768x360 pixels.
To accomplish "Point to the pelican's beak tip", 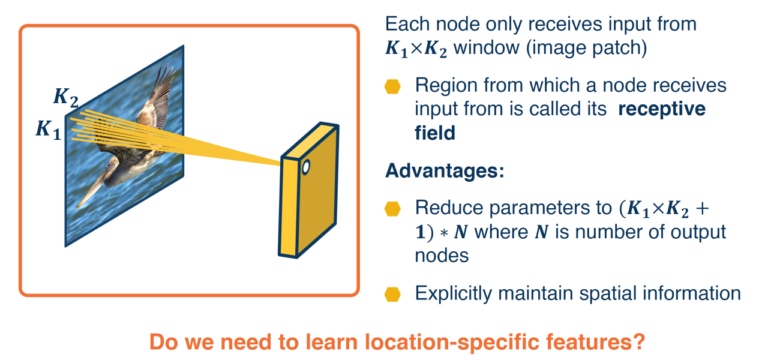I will [77, 208].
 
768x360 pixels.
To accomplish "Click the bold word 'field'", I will [435, 133].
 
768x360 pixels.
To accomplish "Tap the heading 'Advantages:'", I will [445, 170].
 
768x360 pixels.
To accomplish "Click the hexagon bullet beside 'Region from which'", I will [392, 86].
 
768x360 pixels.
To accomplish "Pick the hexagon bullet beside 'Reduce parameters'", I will [392, 209].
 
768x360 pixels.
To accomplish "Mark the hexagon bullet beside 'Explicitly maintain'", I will [392, 294].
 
